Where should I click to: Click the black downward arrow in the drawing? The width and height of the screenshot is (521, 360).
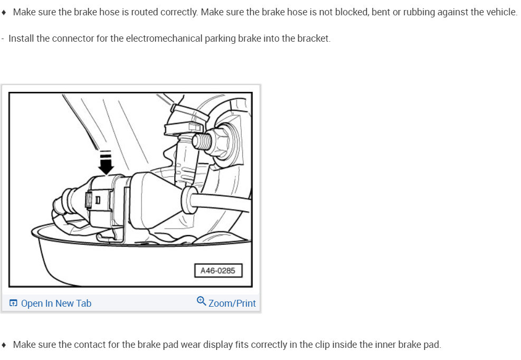(107, 165)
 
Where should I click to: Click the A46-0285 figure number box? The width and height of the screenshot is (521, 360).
(218, 271)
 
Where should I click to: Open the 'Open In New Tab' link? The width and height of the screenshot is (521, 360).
(56, 303)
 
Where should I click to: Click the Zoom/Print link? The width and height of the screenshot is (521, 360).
(232, 303)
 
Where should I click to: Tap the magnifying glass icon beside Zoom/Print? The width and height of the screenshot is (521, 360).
(201, 301)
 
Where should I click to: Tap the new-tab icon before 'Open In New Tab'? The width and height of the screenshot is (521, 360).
(14, 303)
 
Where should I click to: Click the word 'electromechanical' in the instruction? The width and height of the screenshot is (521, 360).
(160, 39)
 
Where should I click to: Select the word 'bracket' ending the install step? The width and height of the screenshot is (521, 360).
(313, 39)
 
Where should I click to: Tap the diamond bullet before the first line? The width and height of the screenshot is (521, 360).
(4, 12)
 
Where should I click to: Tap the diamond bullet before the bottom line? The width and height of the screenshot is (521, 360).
(4, 345)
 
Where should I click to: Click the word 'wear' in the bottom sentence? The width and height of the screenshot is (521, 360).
(176, 345)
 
